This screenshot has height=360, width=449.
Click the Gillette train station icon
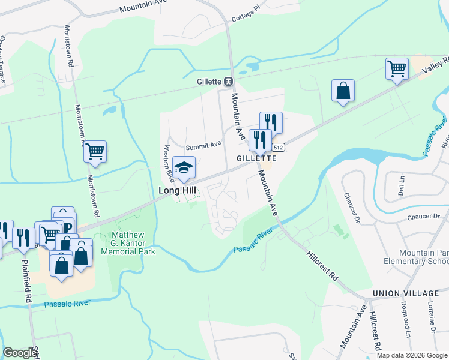[229, 81]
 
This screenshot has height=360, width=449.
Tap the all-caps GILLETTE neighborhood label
[256, 158]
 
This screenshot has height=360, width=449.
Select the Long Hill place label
[178, 190]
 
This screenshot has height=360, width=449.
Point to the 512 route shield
[277, 147]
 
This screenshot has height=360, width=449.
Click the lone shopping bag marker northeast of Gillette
[343, 91]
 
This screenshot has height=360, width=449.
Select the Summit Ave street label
[203, 145]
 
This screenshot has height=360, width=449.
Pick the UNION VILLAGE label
[405, 293]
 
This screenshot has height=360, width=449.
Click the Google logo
[20, 353]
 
